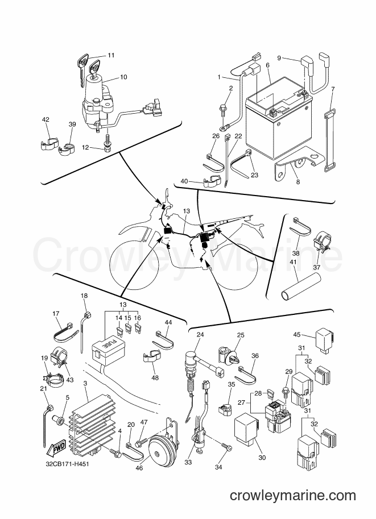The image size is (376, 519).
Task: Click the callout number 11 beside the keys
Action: (x=111, y=55)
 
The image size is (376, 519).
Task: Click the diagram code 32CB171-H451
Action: (x=67, y=464)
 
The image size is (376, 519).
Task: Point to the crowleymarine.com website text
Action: (x=292, y=496)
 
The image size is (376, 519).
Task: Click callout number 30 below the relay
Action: (x=262, y=458)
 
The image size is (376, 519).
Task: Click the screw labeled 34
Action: (x=228, y=447)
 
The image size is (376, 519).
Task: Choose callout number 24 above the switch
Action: (x=200, y=334)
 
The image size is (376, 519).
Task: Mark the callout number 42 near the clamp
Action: (x=46, y=119)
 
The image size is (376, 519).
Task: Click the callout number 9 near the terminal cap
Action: (x=279, y=58)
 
